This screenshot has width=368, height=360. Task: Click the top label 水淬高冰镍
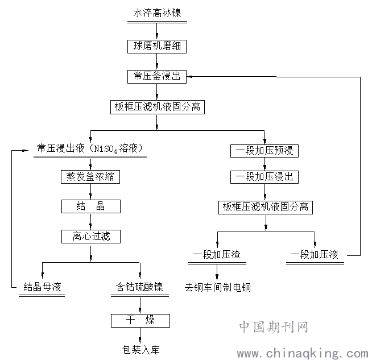[x=157, y=12]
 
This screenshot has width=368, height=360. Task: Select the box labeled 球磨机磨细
[x=157, y=45]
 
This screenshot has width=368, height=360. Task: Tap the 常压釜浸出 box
[x=157, y=76]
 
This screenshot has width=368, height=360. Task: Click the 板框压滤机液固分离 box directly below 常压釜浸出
[x=157, y=106]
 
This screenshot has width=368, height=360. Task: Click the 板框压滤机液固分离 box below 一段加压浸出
[x=265, y=207]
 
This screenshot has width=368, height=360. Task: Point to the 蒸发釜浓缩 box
[x=91, y=176]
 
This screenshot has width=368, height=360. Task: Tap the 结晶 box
[x=91, y=206]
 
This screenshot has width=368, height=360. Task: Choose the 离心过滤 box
[x=91, y=236]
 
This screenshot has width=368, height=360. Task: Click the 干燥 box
[x=140, y=320]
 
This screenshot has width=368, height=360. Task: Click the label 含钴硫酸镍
[x=140, y=287]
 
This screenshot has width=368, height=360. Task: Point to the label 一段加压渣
[x=217, y=255]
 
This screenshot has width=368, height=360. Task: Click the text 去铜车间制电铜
[x=218, y=287]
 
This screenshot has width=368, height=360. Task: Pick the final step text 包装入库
[x=140, y=349]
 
